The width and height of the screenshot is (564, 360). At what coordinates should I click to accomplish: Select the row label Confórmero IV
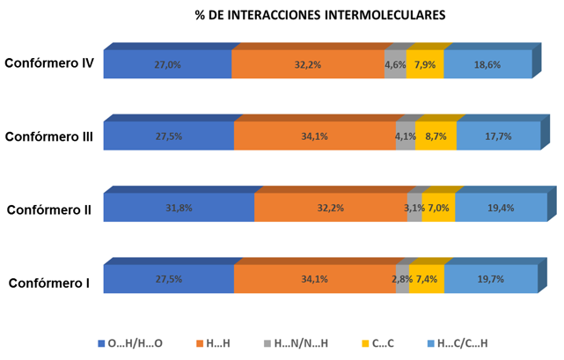pyautogui.click(x=49, y=63)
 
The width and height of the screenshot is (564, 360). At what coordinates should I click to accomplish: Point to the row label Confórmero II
pyautogui.click(x=49, y=209)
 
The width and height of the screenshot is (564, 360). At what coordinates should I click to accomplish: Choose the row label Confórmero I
pyautogui.click(x=49, y=283)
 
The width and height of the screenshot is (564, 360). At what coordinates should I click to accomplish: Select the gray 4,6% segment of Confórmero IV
pyautogui.click(x=395, y=64)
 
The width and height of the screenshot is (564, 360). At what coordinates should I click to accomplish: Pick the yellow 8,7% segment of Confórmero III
pyautogui.click(x=435, y=136)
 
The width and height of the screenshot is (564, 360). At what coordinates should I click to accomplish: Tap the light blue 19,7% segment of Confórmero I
pyautogui.click(x=490, y=279)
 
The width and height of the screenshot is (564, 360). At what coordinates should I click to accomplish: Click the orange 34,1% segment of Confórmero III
pyautogui.click(x=314, y=136)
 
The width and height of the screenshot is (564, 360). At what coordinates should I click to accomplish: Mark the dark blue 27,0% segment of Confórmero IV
pyautogui.click(x=167, y=64)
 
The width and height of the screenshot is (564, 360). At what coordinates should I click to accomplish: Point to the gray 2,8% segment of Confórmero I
pyautogui.click(x=401, y=279)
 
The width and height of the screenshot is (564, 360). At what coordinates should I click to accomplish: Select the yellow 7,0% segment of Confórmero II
pyautogui.click(x=437, y=208)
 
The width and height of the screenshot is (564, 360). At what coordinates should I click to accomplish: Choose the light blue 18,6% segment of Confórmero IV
pyautogui.click(x=487, y=64)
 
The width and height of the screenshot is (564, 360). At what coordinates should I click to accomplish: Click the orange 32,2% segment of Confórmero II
pyautogui.click(x=330, y=208)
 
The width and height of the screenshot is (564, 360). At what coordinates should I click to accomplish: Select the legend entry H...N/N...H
pyautogui.click(x=297, y=342)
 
